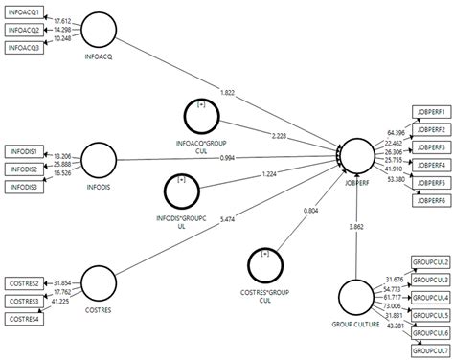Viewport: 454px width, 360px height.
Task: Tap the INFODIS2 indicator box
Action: point(25,169)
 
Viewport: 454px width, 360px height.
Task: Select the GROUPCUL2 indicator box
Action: point(429,245)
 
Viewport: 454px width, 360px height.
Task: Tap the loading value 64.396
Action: point(393,131)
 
